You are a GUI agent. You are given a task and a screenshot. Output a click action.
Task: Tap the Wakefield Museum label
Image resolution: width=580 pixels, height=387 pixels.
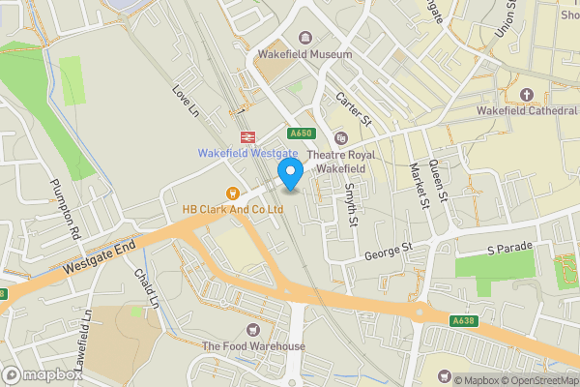click(x=304, y=55)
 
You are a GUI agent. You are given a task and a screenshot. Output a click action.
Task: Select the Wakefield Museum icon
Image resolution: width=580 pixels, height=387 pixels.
click(x=305, y=38)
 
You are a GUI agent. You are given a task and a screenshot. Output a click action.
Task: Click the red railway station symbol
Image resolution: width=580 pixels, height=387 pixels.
click(x=247, y=135)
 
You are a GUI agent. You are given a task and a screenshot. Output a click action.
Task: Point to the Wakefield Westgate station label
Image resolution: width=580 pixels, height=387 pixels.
click(x=247, y=153)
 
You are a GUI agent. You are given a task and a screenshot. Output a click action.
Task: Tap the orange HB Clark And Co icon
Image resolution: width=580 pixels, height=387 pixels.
click(x=232, y=191)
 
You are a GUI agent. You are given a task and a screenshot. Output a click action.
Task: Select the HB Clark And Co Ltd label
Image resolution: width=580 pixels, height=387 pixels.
click(x=232, y=208)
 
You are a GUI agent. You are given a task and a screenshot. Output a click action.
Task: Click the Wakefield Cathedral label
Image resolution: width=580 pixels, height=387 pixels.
click(x=527, y=111)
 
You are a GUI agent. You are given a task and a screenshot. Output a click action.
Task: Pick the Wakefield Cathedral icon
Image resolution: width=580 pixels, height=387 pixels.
click(x=527, y=94)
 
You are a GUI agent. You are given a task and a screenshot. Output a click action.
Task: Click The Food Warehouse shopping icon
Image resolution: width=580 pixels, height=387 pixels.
click(x=253, y=330)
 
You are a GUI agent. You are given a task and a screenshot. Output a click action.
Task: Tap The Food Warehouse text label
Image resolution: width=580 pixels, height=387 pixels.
click(x=253, y=346)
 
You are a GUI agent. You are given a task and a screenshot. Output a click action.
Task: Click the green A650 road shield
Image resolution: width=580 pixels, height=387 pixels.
click(x=301, y=134)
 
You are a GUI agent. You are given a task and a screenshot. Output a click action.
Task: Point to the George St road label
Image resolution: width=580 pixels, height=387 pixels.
click(x=389, y=252)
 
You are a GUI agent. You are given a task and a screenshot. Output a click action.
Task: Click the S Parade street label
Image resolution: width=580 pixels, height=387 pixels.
click(x=509, y=249)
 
